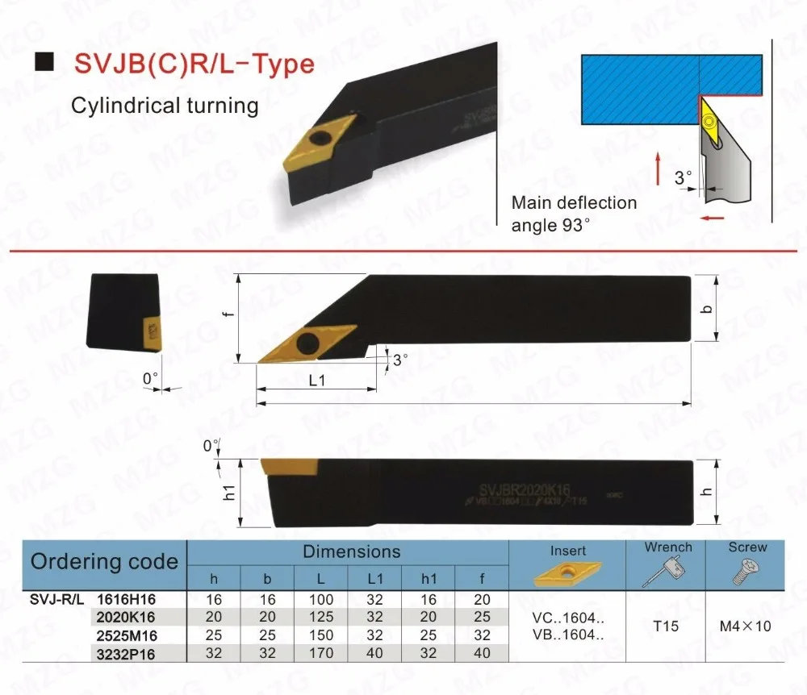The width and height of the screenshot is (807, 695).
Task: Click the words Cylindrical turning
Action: point(165,106)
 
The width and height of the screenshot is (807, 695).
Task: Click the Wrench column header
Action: point(667,547)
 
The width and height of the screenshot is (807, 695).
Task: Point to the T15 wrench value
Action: point(667,626)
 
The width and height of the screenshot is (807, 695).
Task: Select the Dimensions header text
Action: point(351,552)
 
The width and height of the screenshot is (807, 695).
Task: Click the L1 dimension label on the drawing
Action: point(316,381)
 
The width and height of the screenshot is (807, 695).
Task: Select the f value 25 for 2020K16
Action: point(483,618)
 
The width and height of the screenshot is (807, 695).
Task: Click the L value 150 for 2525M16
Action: point(320,636)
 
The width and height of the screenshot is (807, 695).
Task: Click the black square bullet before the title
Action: point(47,59)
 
